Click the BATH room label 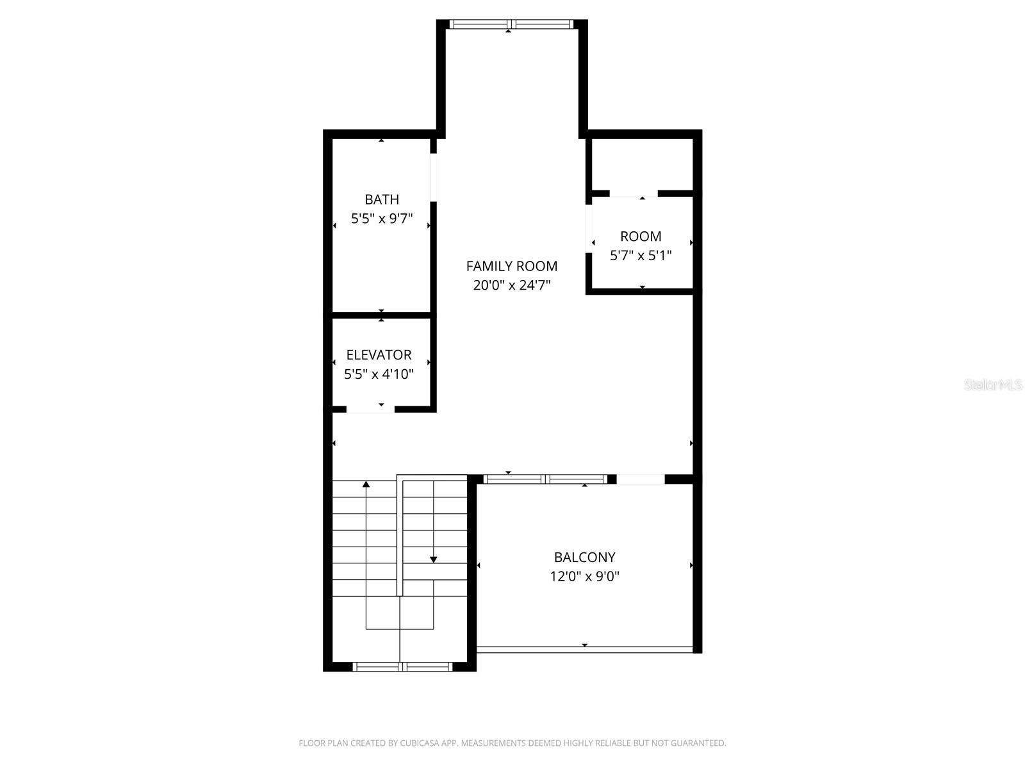point(382,199)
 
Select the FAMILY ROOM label point(511,266)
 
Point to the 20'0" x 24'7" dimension point(511,285)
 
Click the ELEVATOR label point(379,354)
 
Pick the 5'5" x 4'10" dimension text point(379,374)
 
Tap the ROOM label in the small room point(641,236)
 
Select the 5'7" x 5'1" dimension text point(641,256)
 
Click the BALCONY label point(584,557)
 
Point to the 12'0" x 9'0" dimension point(584,576)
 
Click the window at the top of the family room point(511,24)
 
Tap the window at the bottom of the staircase point(402,667)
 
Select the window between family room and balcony point(545,479)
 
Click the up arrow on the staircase point(366,484)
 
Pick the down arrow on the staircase point(434,559)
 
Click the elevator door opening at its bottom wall point(370,409)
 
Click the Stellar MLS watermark point(994,385)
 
